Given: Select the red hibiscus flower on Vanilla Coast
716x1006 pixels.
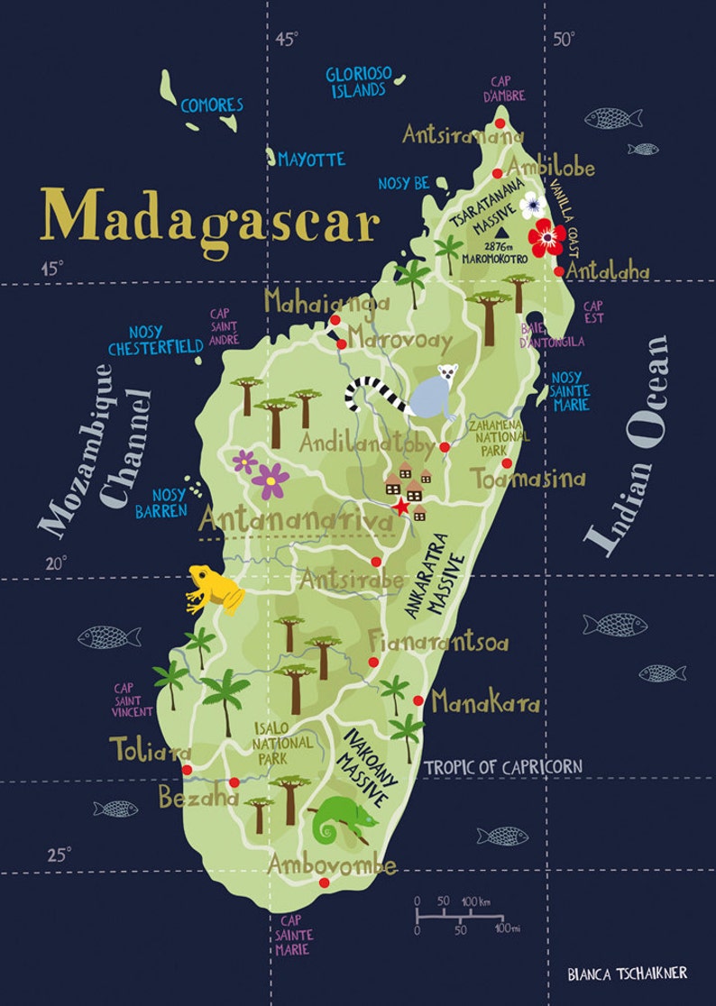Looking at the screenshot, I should (x=546, y=237).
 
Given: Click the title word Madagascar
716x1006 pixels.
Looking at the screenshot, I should (x=209, y=217).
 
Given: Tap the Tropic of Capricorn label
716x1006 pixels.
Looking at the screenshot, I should (x=502, y=767).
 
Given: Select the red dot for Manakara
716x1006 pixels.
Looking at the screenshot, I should (x=418, y=700).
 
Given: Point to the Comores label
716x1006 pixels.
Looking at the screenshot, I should (x=212, y=105).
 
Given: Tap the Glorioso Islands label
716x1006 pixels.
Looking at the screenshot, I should (x=356, y=81).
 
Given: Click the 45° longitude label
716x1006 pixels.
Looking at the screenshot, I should (x=287, y=39).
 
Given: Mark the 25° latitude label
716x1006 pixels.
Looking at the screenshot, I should (x=58, y=855).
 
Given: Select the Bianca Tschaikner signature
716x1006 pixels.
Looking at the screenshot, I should (x=627, y=973).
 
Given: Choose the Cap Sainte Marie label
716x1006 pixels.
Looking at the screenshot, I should (x=294, y=935).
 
